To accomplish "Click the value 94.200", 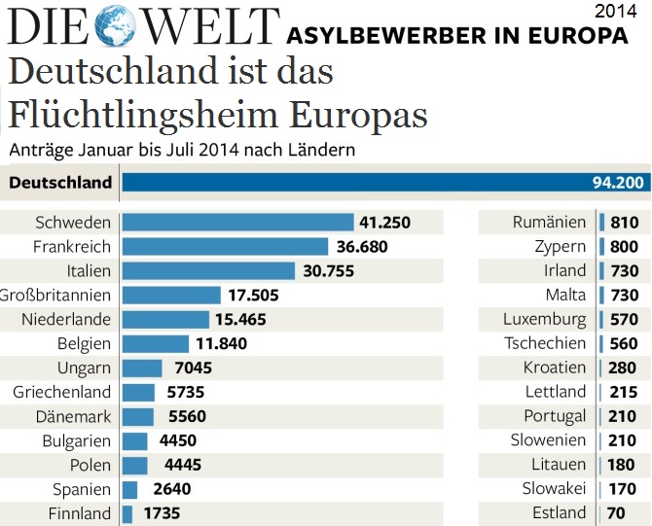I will pyautogui.click(x=618, y=182).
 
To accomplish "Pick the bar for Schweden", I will pyautogui.click(x=238, y=223).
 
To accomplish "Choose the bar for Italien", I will pyautogui.click(x=208, y=271).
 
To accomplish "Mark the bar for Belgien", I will pyautogui.click(x=155, y=343).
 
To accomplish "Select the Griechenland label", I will pyautogui.click(x=62, y=392).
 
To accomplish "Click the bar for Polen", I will pyautogui.click(x=134, y=465).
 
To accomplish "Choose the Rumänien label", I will pyautogui.click(x=550, y=223).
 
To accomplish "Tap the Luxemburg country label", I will pyautogui.click(x=545, y=319).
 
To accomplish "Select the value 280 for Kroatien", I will pyautogui.click(x=624, y=368).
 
